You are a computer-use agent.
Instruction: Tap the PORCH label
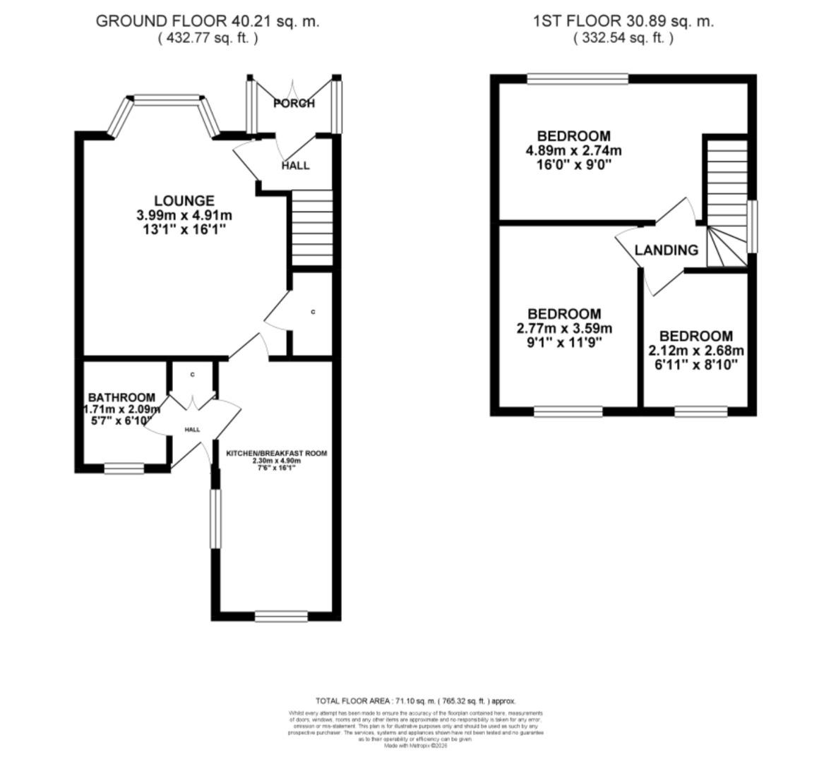pyautogui.click(x=294, y=104)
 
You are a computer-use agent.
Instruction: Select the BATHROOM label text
pyautogui.click(x=121, y=398)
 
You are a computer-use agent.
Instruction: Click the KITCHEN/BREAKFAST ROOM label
pyautogui.click(x=276, y=453)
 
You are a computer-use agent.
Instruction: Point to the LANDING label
pyautogui.click(x=666, y=250)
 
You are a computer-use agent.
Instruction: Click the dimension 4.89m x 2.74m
pyautogui.click(x=573, y=150)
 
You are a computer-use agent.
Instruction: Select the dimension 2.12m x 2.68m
pyautogui.click(x=696, y=351)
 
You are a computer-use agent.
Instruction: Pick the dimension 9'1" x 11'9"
pyautogui.click(x=563, y=343)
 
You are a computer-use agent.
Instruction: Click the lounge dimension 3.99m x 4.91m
pyautogui.click(x=184, y=215)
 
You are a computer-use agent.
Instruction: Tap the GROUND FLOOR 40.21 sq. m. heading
pyautogui.click(x=208, y=21)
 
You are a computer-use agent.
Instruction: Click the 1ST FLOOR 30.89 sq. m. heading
pyautogui.click(x=623, y=21)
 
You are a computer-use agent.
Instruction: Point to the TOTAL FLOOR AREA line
pyautogui.click(x=415, y=701)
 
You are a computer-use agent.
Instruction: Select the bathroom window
pyautogui.click(x=124, y=467)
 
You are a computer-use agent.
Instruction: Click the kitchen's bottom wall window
pyautogui.click(x=281, y=617)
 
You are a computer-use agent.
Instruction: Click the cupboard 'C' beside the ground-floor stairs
pyautogui.click(x=312, y=312)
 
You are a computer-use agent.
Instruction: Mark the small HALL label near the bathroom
pyautogui.click(x=192, y=430)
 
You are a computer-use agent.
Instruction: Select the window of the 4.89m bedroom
pyautogui.click(x=577, y=80)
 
